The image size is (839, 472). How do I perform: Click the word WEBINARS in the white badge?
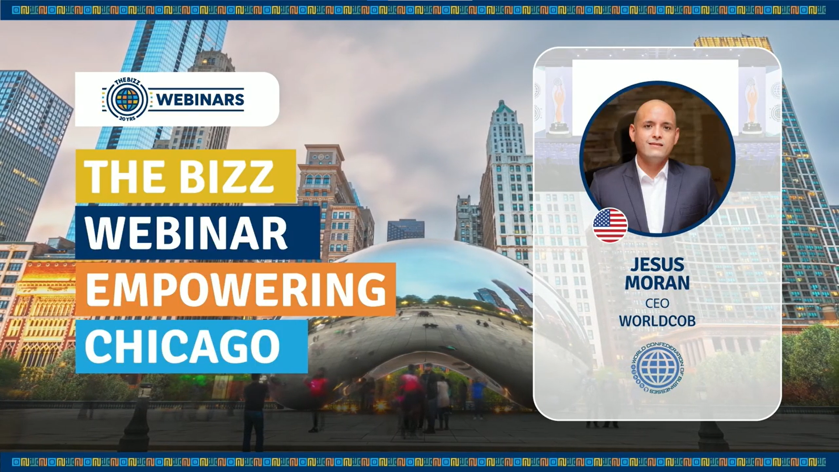point(200,100)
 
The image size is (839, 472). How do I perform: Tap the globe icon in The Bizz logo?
point(127,100)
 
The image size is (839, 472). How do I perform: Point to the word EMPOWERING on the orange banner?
point(236,289)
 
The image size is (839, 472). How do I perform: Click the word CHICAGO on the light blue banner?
point(182,346)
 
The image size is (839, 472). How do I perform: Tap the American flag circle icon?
point(610,226)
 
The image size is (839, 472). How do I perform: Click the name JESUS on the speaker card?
point(657,264)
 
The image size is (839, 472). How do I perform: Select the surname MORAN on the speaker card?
point(657,283)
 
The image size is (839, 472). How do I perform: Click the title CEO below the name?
point(657,303)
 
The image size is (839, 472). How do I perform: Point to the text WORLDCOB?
point(657,321)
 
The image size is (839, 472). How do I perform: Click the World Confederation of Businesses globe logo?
point(658,368)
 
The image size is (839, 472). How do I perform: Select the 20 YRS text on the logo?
point(127,118)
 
